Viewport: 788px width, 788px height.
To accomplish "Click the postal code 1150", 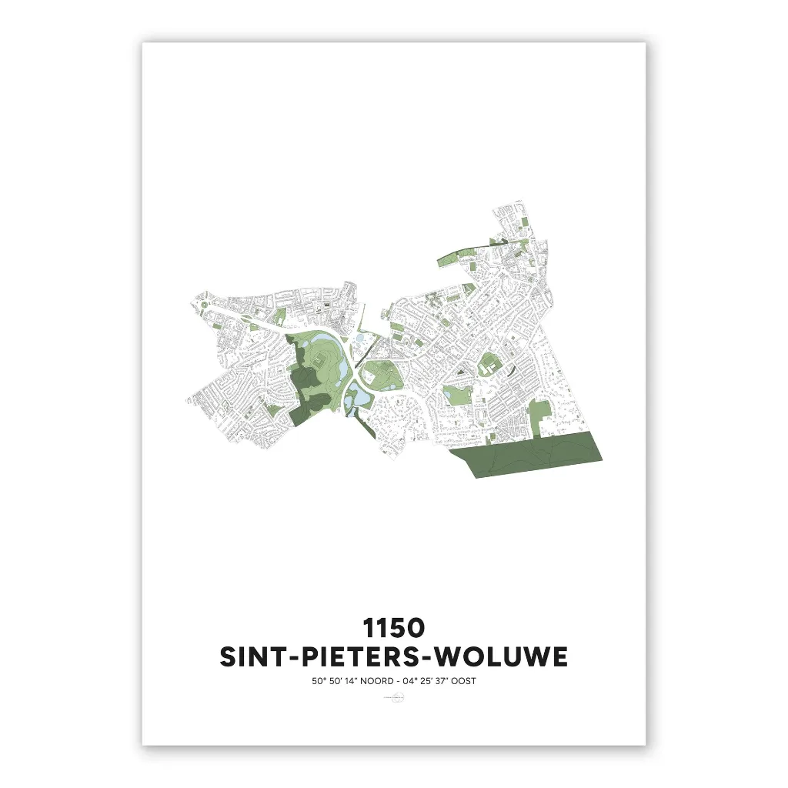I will tap(394, 627).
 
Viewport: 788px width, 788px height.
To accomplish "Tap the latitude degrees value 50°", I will tap(317, 681).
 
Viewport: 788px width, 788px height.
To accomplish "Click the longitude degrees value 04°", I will tap(408, 681).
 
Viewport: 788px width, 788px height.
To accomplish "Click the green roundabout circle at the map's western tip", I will tap(203, 306).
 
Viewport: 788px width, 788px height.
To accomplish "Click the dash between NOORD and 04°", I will tap(396, 681).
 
